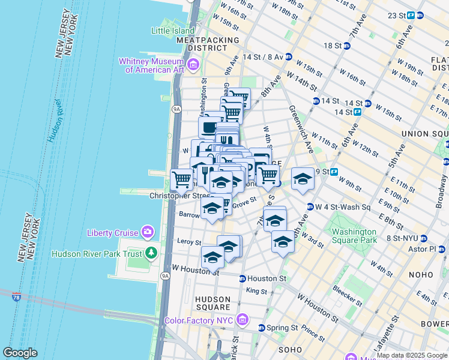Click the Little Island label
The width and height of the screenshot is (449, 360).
pyautogui.click(x=173, y=31)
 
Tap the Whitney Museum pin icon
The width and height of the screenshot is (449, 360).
pyautogui.click(x=193, y=64)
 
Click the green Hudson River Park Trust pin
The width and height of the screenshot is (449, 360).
pyautogui.click(x=152, y=253)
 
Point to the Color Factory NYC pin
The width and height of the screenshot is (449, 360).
pyautogui.click(x=242, y=320)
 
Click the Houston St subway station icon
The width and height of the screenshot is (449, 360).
pyautogui.click(x=242, y=278)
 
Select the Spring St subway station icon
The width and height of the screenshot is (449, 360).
pyautogui.click(x=262, y=328)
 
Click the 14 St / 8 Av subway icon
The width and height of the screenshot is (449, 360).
pyautogui.click(x=289, y=57)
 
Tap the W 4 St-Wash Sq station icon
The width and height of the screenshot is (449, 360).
pyautogui.click(x=310, y=207)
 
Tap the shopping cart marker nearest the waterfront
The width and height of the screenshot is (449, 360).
pyautogui.click(x=181, y=179)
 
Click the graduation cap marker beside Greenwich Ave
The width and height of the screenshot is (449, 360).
pyautogui.click(x=303, y=179)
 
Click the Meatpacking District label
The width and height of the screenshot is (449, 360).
pyautogui.click(x=199, y=44)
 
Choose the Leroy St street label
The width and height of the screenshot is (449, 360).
pyautogui.click(x=189, y=242)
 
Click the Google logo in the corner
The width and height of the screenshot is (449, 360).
pyautogui.click(x=20, y=353)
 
